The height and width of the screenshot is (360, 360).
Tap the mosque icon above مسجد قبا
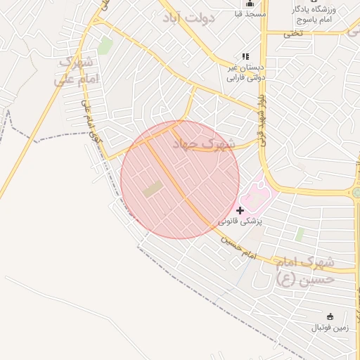pyautogui.click(x=249, y=3)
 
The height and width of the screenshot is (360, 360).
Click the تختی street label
pyautogui.click(x=293, y=33)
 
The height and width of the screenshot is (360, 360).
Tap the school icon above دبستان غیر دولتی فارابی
pyautogui.click(x=245, y=56)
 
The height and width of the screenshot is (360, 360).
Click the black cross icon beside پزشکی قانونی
pyautogui.click(x=240, y=210)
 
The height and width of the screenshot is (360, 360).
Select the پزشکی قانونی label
pyautogui.click(x=240, y=221)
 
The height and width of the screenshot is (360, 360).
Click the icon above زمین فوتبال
pyautogui.click(x=330, y=316)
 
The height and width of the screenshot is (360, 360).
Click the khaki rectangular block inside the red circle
pyautogui.click(x=152, y=188)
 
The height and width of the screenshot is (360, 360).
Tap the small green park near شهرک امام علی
pyautogui.click(x=105, y=46)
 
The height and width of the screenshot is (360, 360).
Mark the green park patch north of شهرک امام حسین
pyautogui.click(x=300, y=234)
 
